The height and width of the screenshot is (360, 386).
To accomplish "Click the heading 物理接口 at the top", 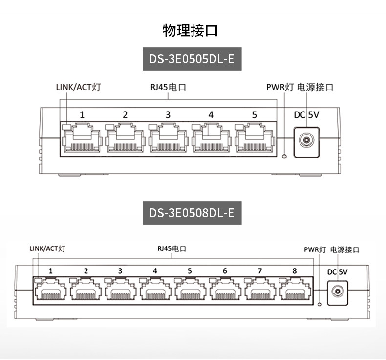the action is [x=190, y=30].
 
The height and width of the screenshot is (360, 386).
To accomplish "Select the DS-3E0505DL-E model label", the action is [x=192, y=59].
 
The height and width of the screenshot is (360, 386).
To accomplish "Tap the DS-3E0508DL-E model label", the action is [x=192, y=213].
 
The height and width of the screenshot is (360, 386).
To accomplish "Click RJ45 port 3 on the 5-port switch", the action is [x=169, y=138].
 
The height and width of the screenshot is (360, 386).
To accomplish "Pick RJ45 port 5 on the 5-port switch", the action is [x=255, y=138].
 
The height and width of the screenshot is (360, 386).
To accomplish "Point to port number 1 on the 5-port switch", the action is [x=82, y=115].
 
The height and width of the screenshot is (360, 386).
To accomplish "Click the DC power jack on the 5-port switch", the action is [x=306, y=142].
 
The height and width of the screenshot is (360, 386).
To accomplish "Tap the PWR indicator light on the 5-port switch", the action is [x=284, y=156].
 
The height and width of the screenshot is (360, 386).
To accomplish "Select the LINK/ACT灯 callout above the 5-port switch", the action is [x=78, y=87].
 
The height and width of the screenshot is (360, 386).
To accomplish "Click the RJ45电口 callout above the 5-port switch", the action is [x=168, y=87].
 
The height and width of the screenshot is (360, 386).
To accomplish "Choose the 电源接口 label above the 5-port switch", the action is [x=315, y=87].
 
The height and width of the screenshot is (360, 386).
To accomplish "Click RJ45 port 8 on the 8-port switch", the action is [x=295, y=289].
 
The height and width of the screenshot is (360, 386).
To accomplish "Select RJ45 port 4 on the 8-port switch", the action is [x=155, y=289].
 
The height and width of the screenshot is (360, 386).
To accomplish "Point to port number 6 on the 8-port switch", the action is [x=225, y=271].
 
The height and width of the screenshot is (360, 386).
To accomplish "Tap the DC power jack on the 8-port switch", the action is [x=338, y=293].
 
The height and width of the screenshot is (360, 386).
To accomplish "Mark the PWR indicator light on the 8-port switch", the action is [x=320, y=305].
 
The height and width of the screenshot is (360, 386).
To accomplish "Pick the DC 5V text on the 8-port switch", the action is [x=337, y=272].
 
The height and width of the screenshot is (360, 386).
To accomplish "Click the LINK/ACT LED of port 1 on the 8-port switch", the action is [x=38, y=280].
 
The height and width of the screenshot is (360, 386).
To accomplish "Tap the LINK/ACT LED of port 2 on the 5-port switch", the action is [x=109, y=127].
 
